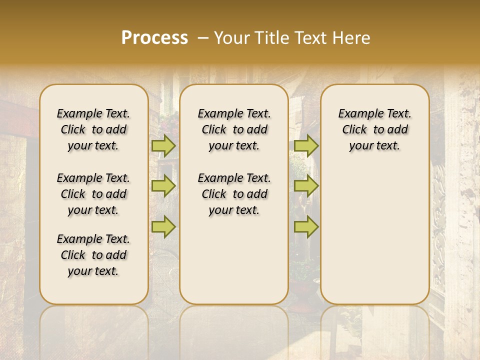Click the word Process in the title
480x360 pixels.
(x=154, y=38)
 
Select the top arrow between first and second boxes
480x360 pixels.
(x=163, y=146)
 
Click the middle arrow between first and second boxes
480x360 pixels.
(x=163, y=186)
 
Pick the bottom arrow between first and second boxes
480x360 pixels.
(x=163, y=226)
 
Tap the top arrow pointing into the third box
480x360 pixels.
(x=306, y=146)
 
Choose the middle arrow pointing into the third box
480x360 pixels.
(x=306, y=186)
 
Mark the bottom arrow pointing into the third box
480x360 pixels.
(x=306, y=226)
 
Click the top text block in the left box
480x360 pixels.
(x=93, y=129)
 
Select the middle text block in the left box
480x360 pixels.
(x=93, y=194)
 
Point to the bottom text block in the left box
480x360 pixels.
(x=93, y=255)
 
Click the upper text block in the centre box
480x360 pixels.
(x=234, y=129)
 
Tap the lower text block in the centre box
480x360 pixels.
(x=234, y=194)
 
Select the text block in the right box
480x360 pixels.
(x=374, y=129)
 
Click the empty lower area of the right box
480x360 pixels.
(x=374, y=235)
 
